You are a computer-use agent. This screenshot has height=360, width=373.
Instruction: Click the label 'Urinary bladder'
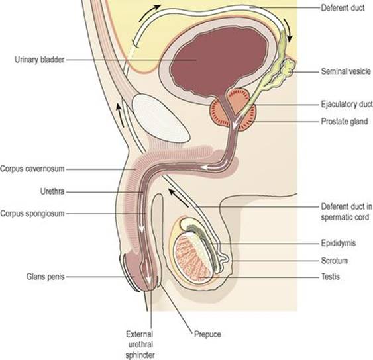click(x=39, y=60)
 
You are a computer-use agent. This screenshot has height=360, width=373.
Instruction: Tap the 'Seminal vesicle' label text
click(x=346, y=71)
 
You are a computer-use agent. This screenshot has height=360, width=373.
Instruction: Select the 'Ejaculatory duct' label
click(x=346, y=104)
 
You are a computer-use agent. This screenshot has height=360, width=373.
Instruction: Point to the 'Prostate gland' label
click(x=345, y=121)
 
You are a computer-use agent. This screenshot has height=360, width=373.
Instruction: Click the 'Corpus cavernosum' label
click(x=32, y=169)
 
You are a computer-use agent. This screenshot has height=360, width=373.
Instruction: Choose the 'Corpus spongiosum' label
click(x=32, y=213)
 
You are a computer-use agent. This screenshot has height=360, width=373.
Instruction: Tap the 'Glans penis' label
click(x=46, y=277)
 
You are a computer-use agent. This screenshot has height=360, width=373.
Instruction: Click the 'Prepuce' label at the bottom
click(x=207, y=334)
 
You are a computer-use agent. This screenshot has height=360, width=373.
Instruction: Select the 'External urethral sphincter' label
click(x=140, y=345)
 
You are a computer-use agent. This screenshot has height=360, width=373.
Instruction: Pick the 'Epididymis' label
click(x=339, y=243)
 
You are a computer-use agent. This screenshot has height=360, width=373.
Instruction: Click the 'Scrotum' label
click(x=334, y=261)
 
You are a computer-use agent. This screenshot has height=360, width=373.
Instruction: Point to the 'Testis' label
click(x=330, y=277)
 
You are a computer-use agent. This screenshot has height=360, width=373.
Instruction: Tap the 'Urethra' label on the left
click(x=52, y=191)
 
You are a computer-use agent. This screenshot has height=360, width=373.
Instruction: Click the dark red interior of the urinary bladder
click(x=219, y=62)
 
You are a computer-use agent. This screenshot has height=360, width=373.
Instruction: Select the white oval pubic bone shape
click(x=161, y=118)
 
